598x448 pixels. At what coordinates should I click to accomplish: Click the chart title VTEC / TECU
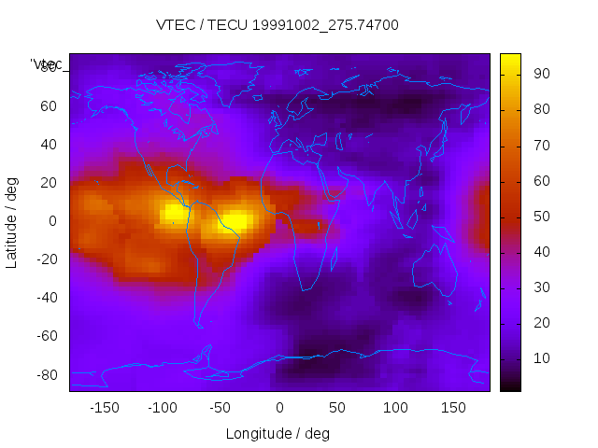(x=278, y=25)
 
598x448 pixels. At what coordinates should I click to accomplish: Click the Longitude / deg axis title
(x=278, y=434)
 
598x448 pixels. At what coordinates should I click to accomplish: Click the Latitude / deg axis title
(x=12, y=222)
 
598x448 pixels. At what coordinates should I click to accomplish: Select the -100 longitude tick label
(x=163, y=408)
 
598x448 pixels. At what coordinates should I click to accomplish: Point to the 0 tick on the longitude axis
(x=279, y=408)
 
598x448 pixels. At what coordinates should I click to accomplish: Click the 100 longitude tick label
(x=395, y=408)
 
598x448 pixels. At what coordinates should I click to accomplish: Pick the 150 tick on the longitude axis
(x=453, y=408)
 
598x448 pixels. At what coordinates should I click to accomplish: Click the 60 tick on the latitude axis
(x=49, y=106)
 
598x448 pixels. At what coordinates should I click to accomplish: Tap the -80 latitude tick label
(x=46, y=375)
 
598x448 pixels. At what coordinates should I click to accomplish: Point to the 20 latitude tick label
(x=49, y=183)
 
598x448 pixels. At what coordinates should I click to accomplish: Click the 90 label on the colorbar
(x=540, y=74)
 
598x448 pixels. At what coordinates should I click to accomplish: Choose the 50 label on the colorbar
(x=540, y=217)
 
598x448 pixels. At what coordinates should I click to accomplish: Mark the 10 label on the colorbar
(x=540, y=358)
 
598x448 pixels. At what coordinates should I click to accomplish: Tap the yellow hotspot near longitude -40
(x=235, y=222)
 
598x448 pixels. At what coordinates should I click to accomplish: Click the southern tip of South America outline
(x=200, y=325)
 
